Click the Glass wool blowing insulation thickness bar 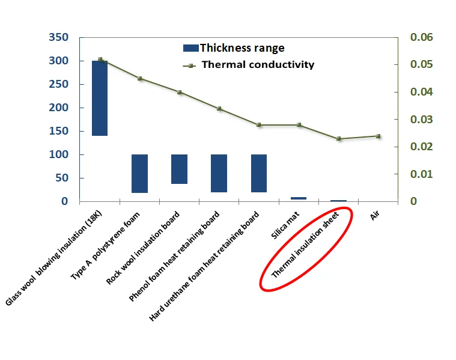tap(99, 98)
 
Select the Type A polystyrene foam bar tap(139, 174)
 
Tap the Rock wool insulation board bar tap(179, 169)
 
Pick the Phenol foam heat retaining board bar tap(219, 173)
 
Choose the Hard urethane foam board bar tap(259, 173)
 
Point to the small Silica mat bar tap(299, 198)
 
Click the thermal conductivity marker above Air tap(378, 136)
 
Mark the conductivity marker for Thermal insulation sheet tap(339, 139)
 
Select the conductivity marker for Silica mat tap(299, 125)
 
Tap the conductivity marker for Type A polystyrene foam tap(139, 79)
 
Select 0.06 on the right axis tap(421, 38)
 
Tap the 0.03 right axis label tap(421, 120)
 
